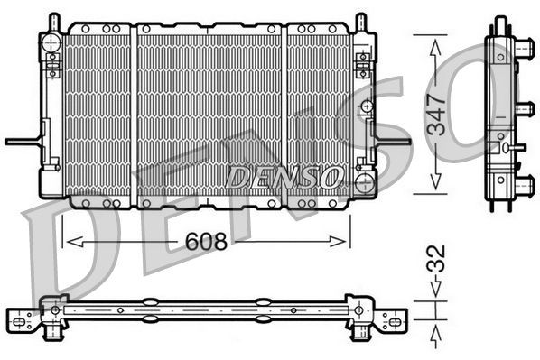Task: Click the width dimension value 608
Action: (205, 241)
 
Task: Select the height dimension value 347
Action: (438, 114)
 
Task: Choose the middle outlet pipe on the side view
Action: (525, 109)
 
